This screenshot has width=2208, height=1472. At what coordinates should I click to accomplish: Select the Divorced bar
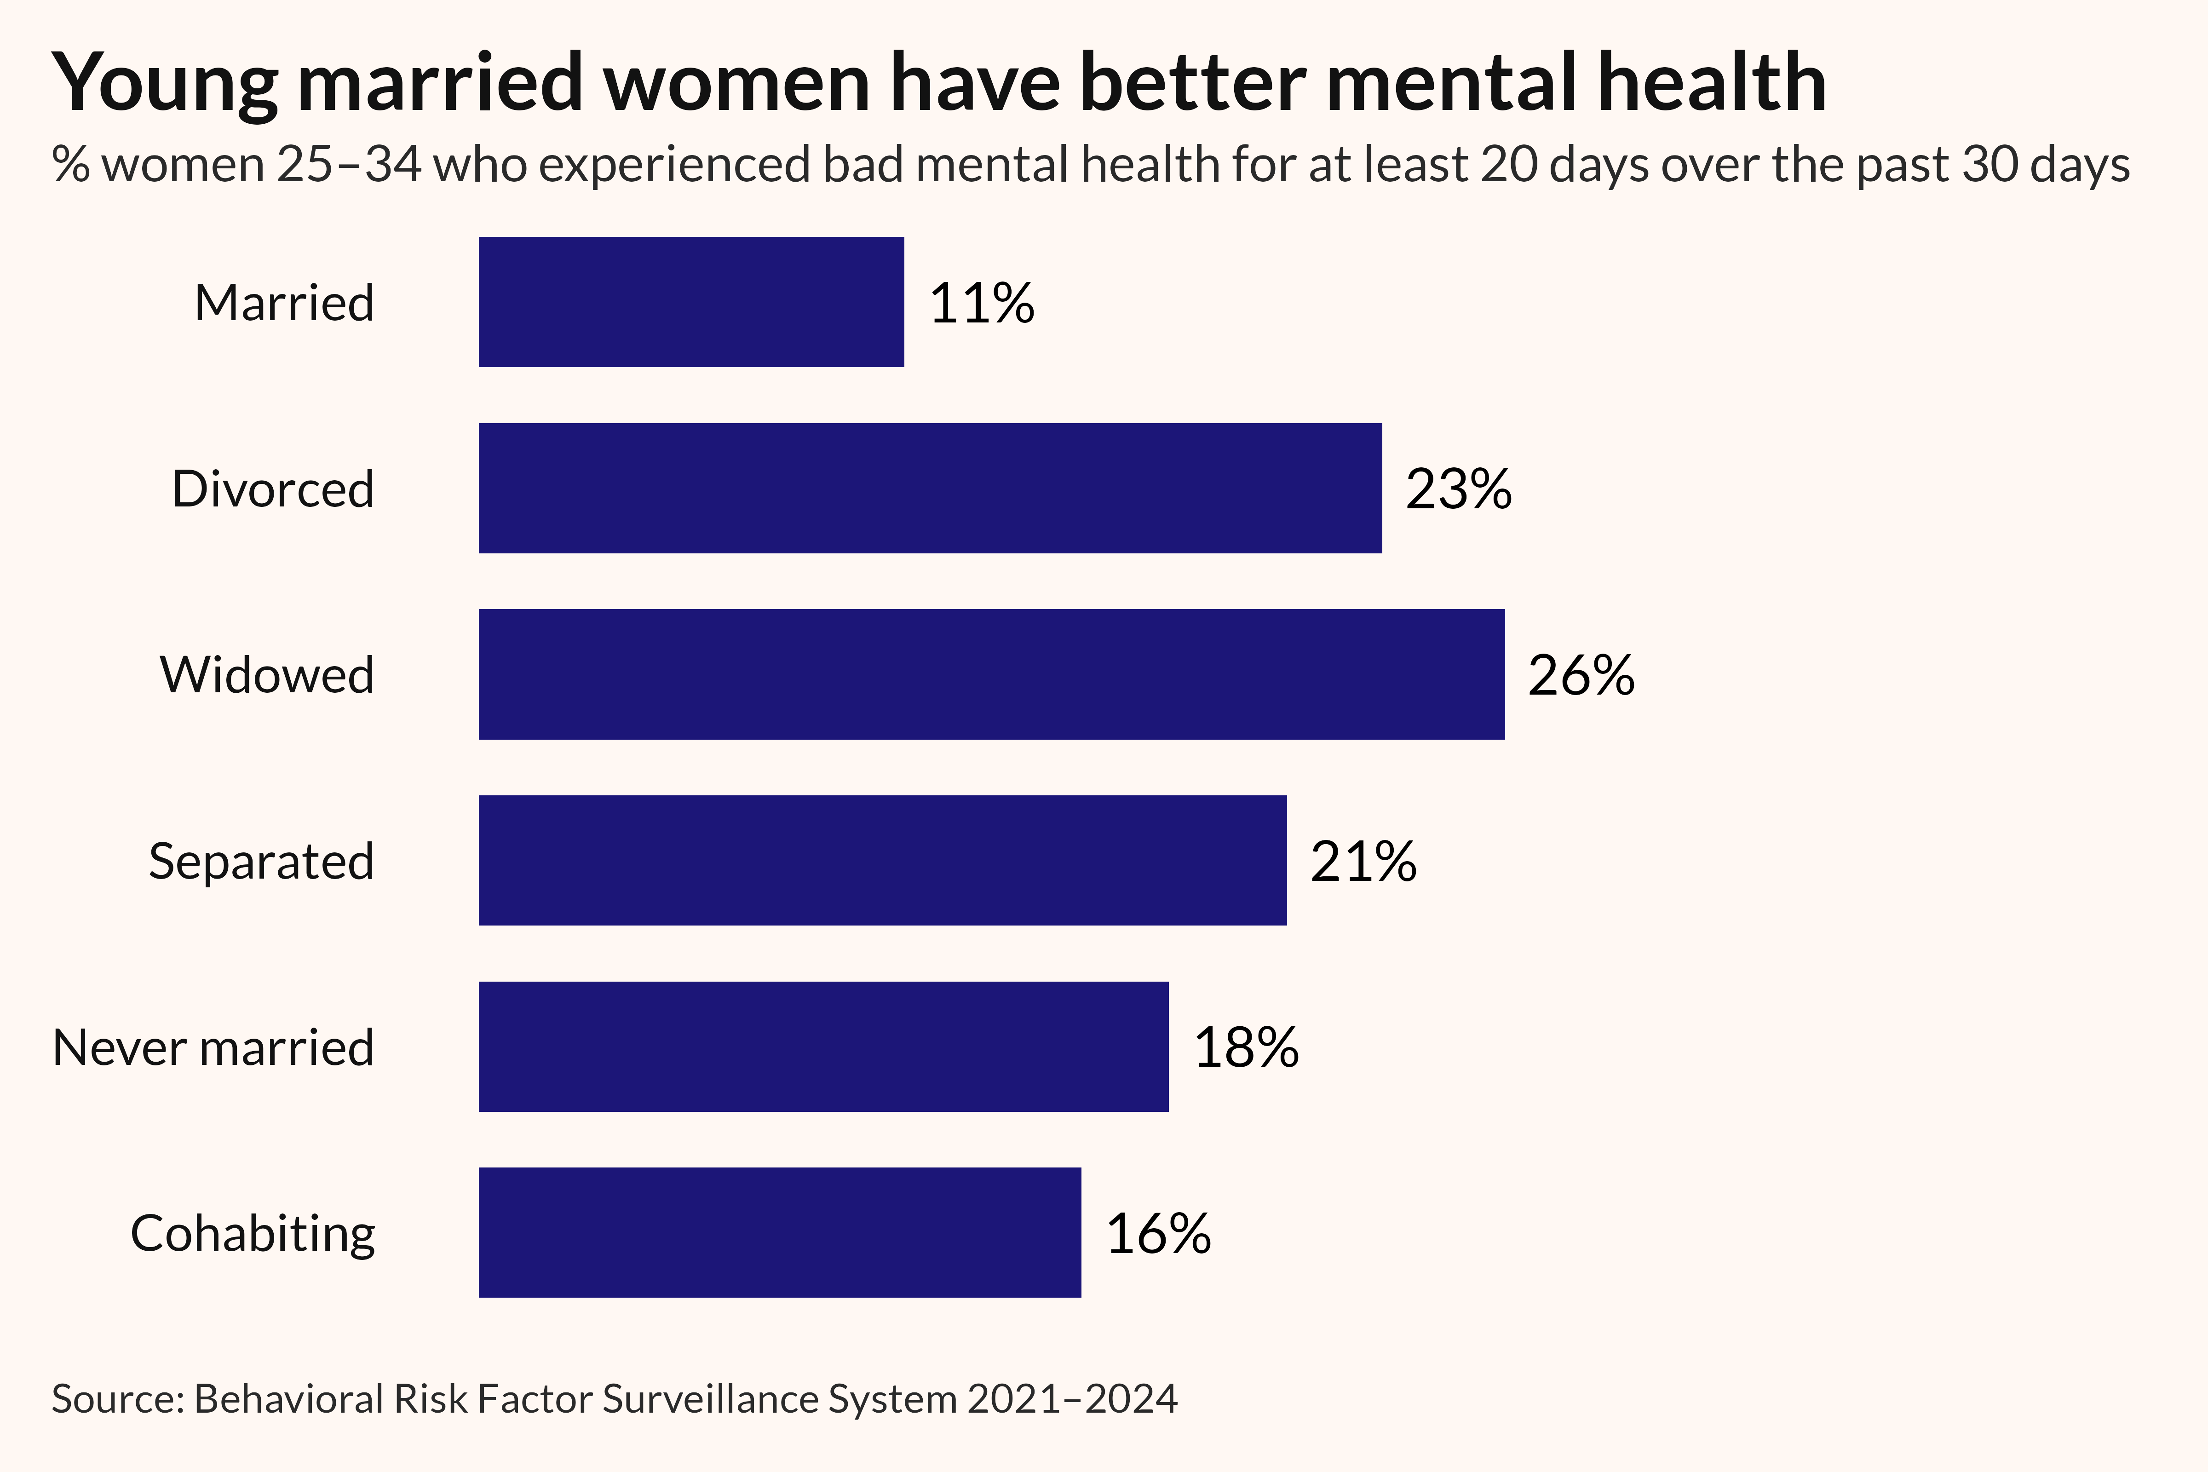coord(929,488)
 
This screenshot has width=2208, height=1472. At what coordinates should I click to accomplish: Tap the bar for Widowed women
coord(991,674)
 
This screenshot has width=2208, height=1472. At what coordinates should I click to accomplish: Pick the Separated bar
coord(882,860)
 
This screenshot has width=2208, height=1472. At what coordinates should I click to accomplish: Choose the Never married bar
coord(823,1047)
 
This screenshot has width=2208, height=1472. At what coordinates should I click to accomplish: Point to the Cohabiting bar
coord(779,1233)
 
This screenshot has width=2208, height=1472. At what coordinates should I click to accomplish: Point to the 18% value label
coord(1246,1048)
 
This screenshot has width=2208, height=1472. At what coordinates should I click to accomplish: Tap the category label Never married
coord(213,1048)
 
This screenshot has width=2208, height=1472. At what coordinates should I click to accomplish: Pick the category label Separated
coord(261,861)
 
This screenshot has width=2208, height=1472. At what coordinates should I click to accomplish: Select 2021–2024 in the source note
coord(1072,1399)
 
